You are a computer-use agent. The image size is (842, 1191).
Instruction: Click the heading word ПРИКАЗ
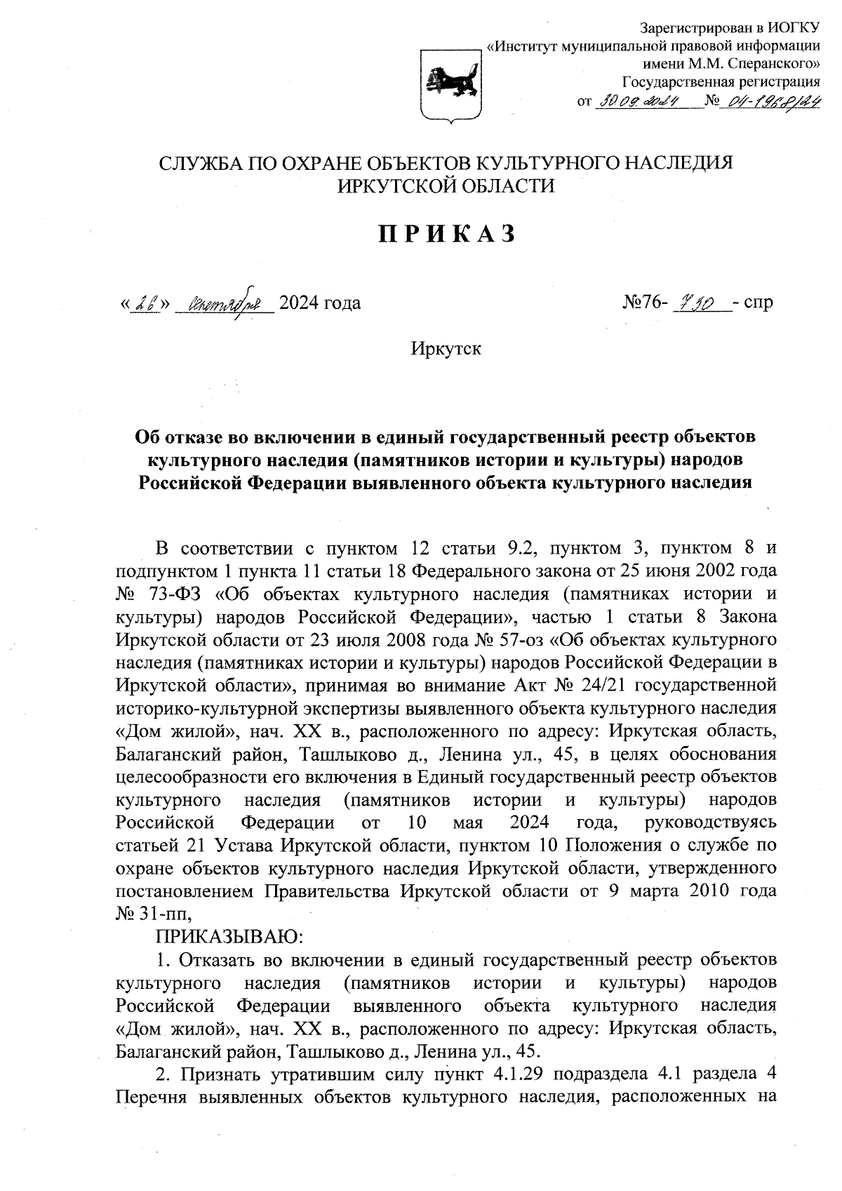[448, 234]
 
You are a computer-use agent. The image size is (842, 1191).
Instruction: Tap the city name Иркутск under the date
[447, 348]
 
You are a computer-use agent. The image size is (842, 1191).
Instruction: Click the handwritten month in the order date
[222, 304]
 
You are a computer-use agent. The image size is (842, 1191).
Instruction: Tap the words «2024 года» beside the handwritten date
[320, 303]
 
